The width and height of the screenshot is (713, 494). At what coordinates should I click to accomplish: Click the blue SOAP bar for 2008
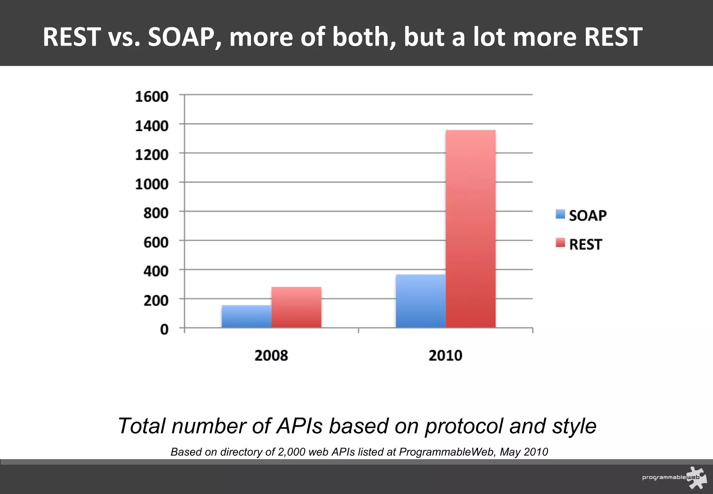coord(246,316)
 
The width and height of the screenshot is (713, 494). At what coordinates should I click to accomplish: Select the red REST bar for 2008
coord(296,307)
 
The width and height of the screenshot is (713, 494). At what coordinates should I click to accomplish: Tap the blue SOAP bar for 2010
coord(421,301)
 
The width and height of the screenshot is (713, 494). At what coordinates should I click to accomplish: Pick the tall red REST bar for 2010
coord(470,229)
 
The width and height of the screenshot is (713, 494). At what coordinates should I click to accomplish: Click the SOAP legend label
coord(588,215)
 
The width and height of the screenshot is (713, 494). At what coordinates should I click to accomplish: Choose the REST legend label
coord(585,244)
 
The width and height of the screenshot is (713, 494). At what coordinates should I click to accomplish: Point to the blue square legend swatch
coord(560,214)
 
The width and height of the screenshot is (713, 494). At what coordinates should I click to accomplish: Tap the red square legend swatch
coord(560,243)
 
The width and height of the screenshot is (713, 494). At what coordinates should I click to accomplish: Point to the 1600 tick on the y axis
coord(152,97)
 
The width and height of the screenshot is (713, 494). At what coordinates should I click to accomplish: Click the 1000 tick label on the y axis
coord(152,184)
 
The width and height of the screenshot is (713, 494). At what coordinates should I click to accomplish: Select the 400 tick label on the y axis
coord(156,271)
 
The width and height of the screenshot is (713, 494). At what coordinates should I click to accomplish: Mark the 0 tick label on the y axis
coord(164,329)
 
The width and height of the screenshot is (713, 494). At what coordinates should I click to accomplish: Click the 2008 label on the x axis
coord(271,356)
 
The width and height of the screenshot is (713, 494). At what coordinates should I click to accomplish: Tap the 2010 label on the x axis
coord(445,356)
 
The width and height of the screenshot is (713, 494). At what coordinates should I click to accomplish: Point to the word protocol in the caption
coord(463,426)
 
